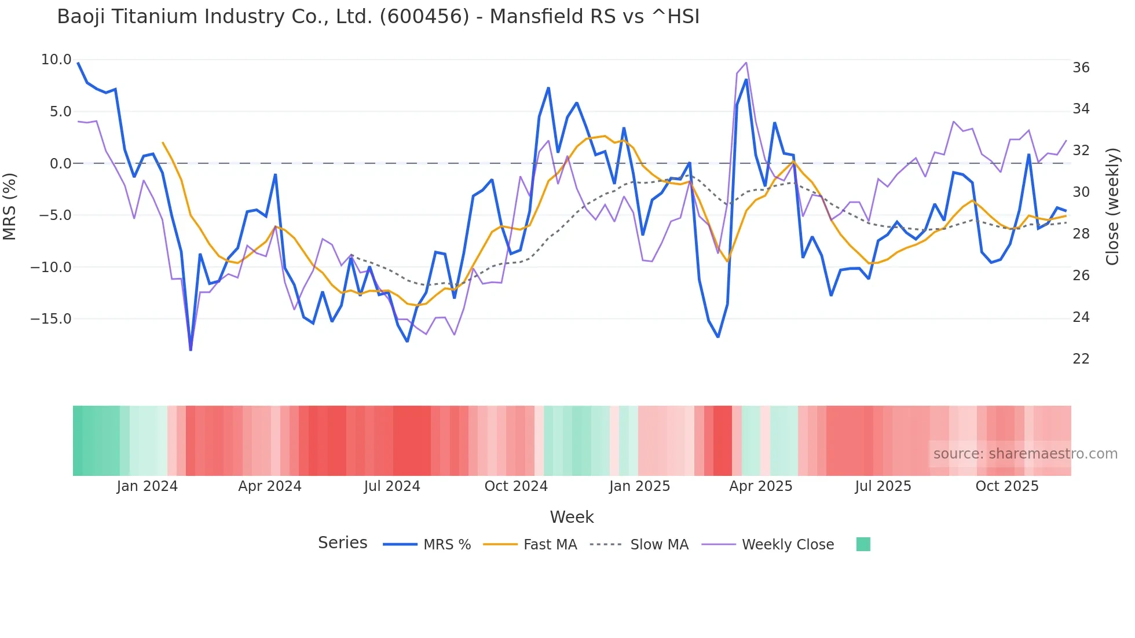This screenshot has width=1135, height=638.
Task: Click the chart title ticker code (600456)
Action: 424,17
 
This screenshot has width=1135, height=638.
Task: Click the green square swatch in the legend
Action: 863,544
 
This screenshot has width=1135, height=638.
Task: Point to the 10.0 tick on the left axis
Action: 56,60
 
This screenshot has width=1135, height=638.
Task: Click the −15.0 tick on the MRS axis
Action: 51,319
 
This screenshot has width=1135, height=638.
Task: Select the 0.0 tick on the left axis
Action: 60,163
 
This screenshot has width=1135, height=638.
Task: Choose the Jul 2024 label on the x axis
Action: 392,486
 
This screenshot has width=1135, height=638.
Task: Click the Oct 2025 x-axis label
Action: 1006,486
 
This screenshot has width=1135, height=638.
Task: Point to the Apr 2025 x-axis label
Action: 760,486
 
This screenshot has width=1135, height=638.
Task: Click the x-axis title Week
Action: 572,517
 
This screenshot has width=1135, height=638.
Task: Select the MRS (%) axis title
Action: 10,206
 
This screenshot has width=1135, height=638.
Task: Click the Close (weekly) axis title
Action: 1112,206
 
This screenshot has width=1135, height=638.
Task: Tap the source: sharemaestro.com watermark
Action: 1025,454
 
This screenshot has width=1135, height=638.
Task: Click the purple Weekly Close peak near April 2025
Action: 746,63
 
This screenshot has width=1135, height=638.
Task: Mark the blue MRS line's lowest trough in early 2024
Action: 191,349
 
